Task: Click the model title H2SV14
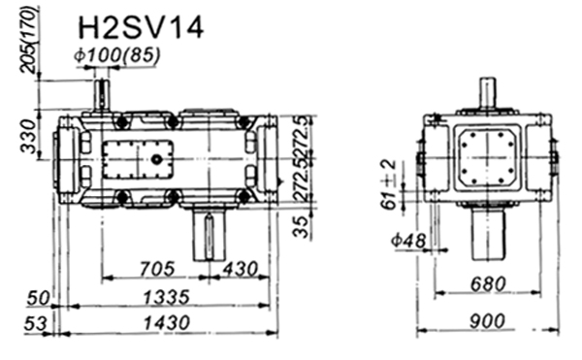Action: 141,28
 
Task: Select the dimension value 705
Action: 156,269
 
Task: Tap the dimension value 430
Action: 241,269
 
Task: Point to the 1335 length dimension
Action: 166,297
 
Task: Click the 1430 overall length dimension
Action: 166,322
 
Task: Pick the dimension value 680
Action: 488,284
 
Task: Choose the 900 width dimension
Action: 487,321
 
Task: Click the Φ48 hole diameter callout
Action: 408,241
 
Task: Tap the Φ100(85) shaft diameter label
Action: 117,55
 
